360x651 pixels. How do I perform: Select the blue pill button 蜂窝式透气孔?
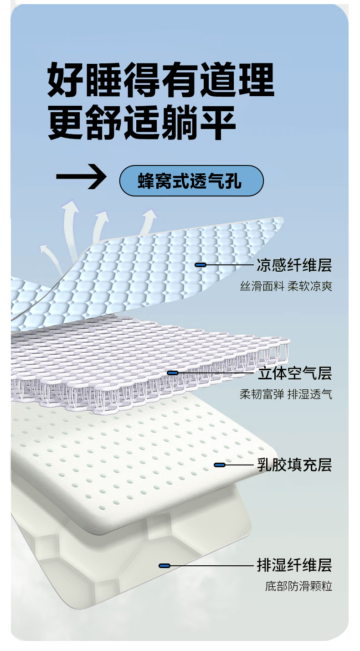coord(191,181)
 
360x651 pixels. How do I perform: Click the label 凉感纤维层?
coord(294,265)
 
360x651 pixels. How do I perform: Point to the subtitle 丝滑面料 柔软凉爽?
coord(286,286)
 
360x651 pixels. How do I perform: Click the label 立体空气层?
coord(294,373)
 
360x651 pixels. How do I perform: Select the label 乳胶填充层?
coord(294,465)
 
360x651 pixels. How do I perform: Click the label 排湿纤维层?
coord(294,566)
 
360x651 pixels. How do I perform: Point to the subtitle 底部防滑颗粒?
coord(299,586)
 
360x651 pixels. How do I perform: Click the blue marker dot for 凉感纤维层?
coord(201,265)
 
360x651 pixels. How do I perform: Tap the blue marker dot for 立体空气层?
coord(173,373)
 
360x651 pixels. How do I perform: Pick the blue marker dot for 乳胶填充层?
coord(220,465)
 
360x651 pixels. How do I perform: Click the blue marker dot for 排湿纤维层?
coord(165,566)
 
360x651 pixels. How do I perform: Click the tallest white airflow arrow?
coord(71,223)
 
